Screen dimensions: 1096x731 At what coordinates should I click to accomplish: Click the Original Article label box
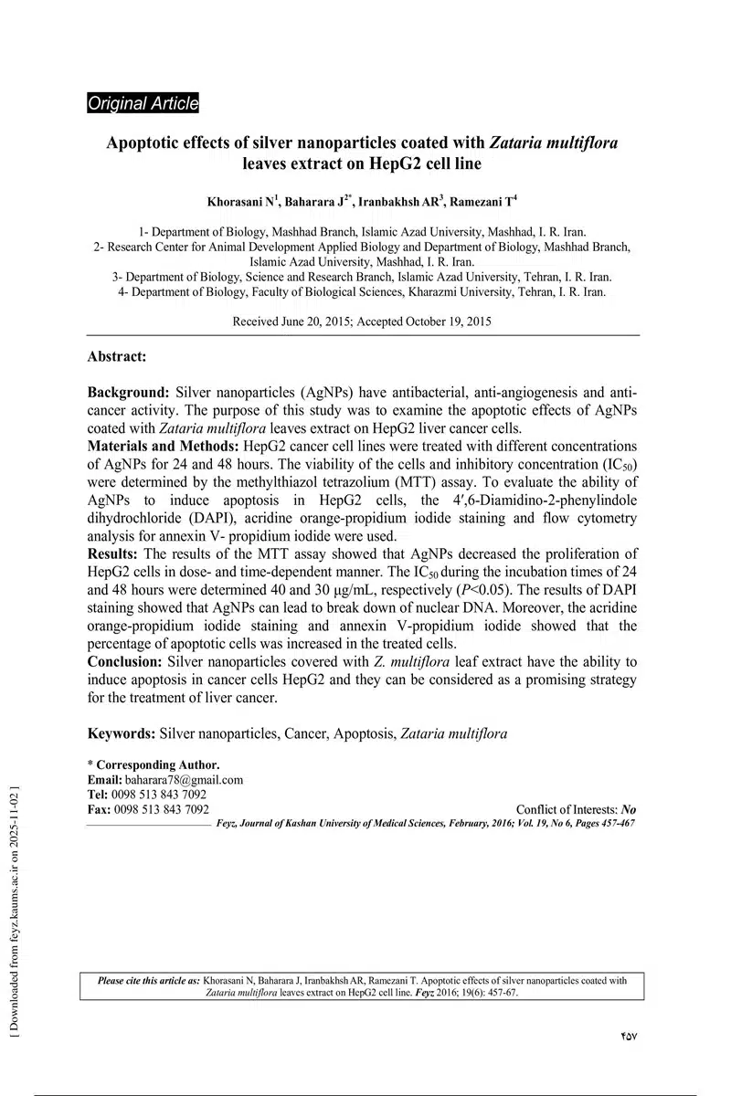pyautogui.click(x=143, y=104)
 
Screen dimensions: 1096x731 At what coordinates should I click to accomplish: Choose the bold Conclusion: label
pyautogui.click(x=124, y=660)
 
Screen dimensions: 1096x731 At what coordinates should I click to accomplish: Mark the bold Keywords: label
pyautogui.click(x=121, y=732)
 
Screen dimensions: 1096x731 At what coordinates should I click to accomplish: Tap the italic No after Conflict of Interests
pyautogui.click(x=628, y=809)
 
